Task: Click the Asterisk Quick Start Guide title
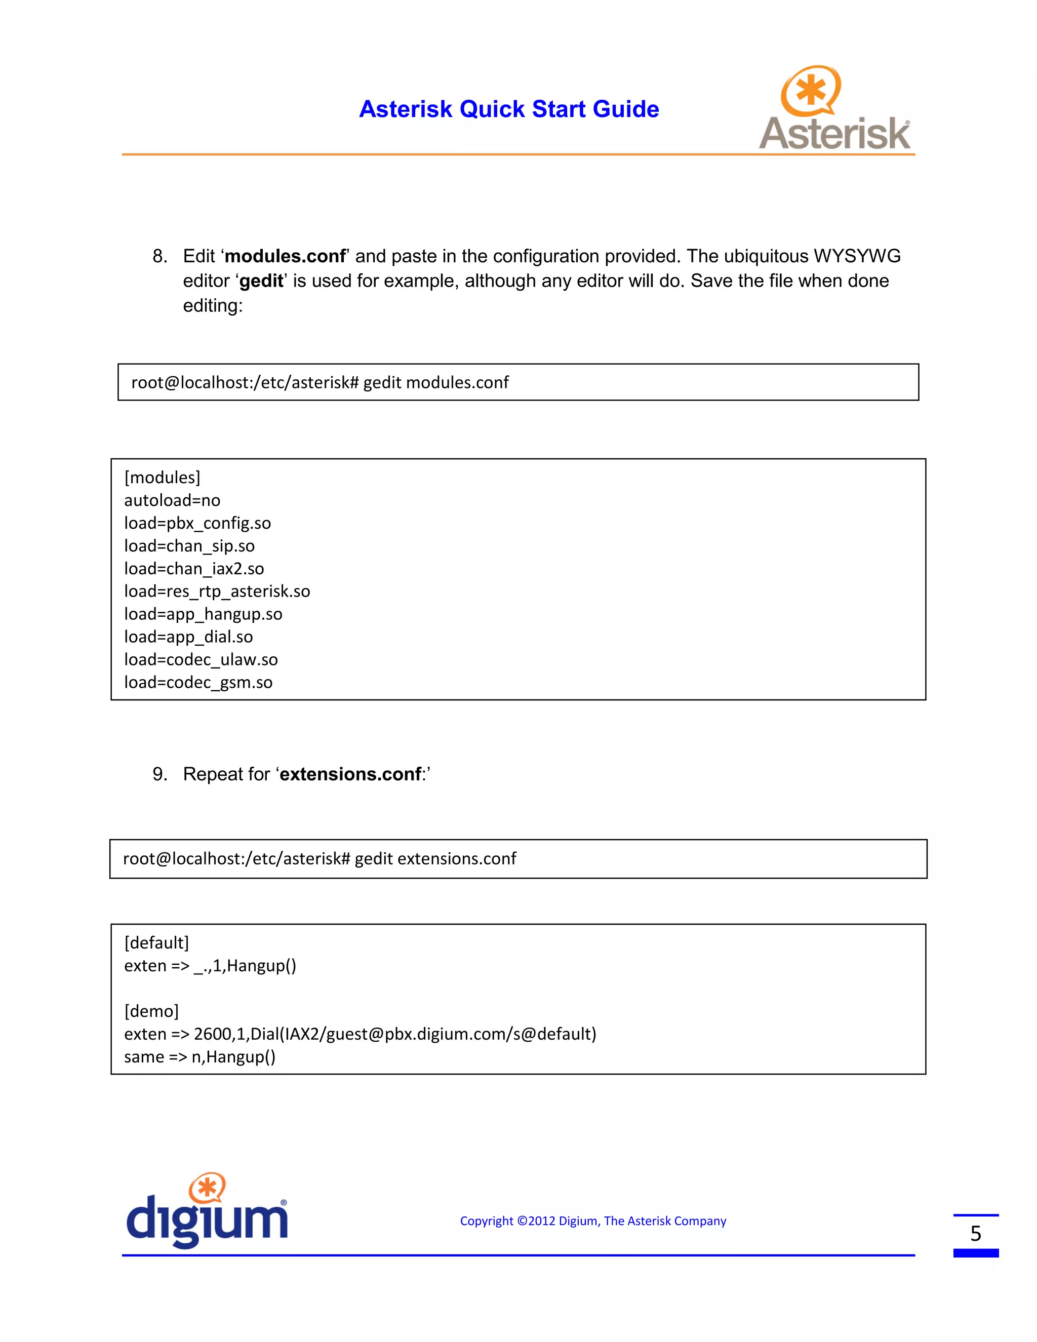[x=509, y=109]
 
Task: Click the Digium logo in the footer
[x=207, y=1211]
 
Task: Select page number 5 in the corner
[x=976, y=1234]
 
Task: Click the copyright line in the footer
[x=593, y=1221]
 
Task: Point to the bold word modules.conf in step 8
[x=285, y=256]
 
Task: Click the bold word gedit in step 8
[x=261, y=282]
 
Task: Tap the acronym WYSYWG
[x=857, y=256]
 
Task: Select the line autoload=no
[x=172, y=500]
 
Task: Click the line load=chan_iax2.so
[x=194, y=568]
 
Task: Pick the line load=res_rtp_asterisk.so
[x=217, y=591]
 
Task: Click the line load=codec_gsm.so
[x=198, y=682]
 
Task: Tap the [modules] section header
[x=162, y=478]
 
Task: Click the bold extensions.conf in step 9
[x=350, y=774]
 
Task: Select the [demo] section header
[x=151, y=1011]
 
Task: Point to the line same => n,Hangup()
[x=200, y=1057]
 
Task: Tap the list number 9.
[x=159, y=774]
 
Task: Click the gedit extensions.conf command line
[x=320, y=858]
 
